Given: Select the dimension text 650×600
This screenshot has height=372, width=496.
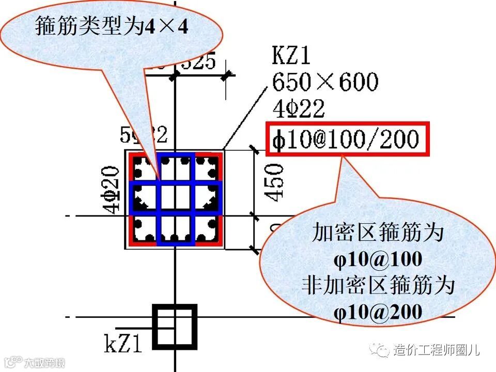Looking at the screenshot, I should [325, 82].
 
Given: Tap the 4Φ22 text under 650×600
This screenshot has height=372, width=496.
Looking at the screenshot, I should [299, 109].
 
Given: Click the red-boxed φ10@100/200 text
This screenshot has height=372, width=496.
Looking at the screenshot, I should [347, 139].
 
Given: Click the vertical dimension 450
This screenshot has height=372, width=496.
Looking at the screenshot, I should [274, 181].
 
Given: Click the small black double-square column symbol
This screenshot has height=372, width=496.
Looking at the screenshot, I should [175, 326].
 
